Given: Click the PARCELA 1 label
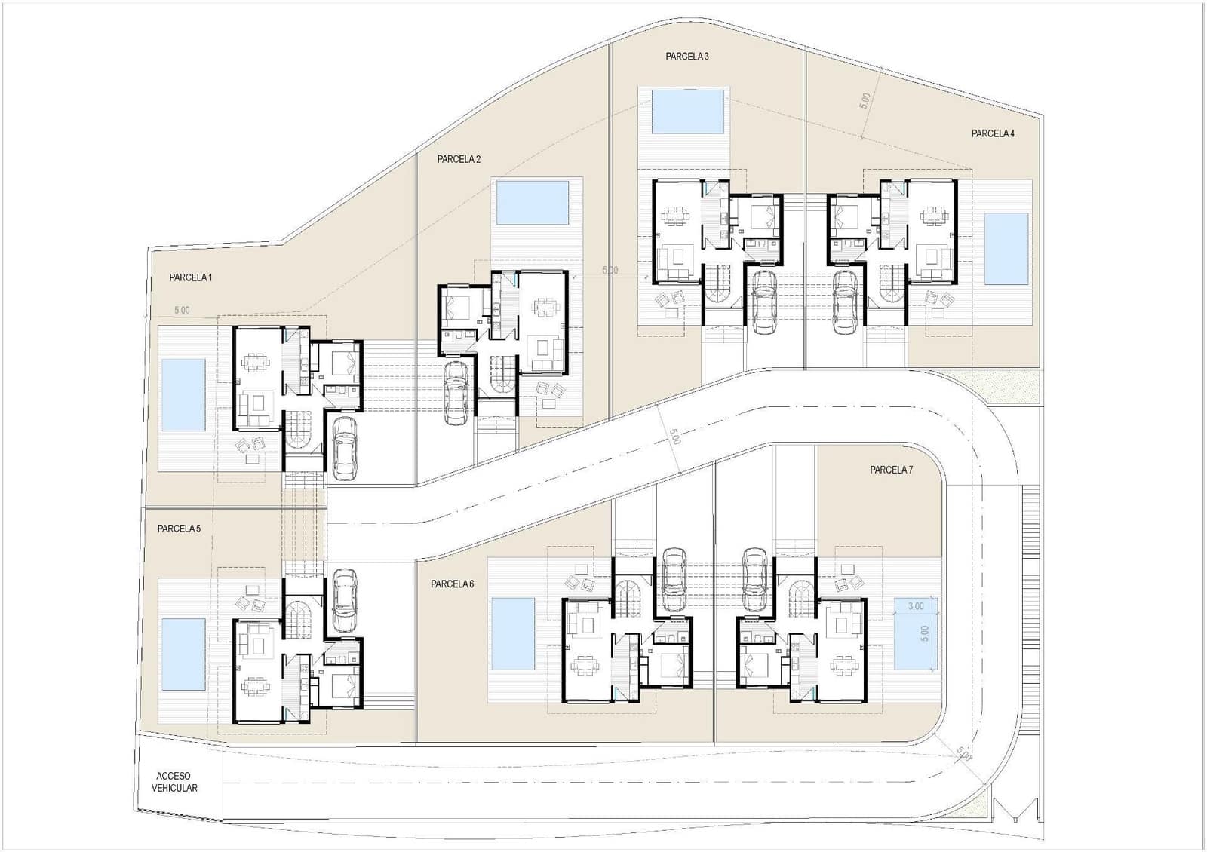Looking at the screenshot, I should click(x=191, y=277).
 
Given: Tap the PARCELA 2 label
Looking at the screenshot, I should click(x=459, y=159).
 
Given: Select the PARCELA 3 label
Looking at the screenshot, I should click(x=687, y=56).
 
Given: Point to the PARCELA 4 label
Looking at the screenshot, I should click(x=993, y=133).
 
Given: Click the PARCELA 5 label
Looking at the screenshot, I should click(x=179, y=529).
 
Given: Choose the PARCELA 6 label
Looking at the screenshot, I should click(x=453, y=584).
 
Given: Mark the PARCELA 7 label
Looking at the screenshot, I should click(x=891, y=470).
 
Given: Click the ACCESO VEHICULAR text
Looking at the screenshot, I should click(x=174, y=782).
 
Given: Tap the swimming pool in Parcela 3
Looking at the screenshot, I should click(x=687, y=112).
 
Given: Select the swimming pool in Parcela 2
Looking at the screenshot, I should click(x=533, y=203).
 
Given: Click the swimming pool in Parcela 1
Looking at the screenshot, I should click(x=183, y=394).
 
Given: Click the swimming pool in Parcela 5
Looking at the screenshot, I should click(x=183, y=654).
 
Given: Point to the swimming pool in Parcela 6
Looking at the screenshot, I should click(x=513, y=633).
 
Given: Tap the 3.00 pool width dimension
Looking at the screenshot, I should click(x=915, y=606).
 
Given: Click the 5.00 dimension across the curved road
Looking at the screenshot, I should click(x=674, y=437).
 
